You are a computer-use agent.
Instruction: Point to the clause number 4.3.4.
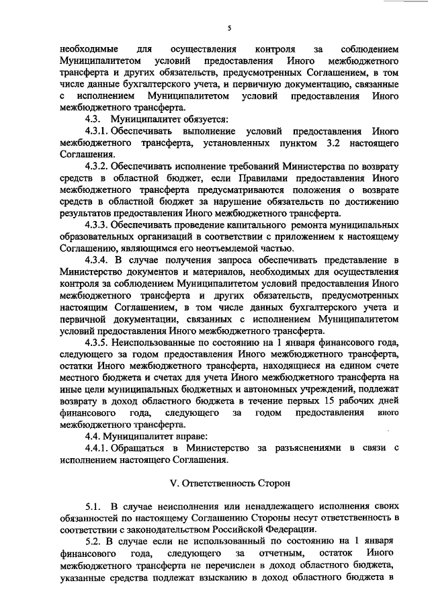[x=99, y=259]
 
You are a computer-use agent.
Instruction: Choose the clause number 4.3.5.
[x=99, y=342]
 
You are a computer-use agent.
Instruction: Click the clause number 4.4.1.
[x=99, y=447]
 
